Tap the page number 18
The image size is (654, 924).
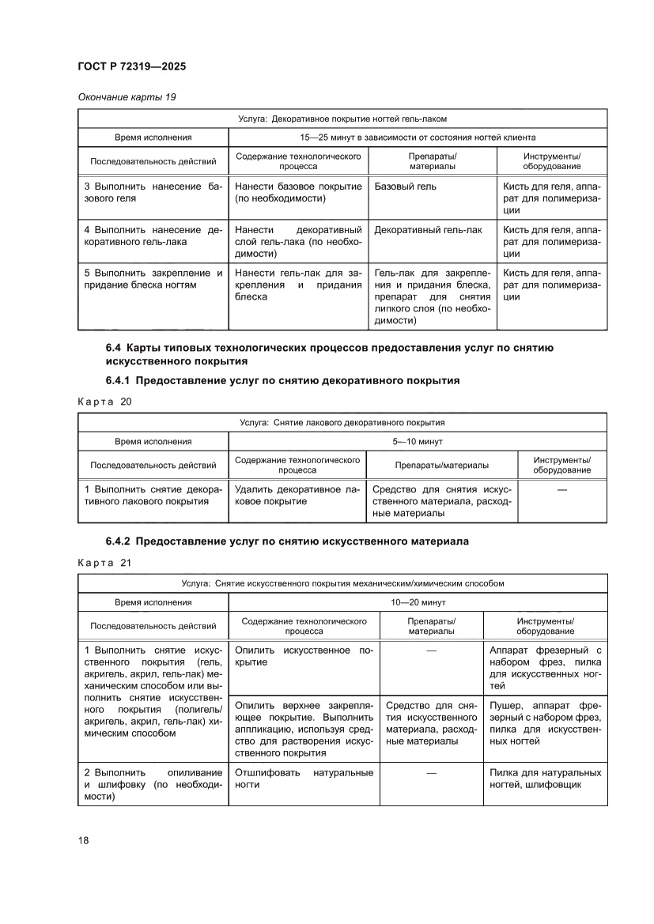point(83,839)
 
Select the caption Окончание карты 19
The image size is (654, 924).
point(127,97)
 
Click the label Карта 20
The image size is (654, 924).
point(104,402)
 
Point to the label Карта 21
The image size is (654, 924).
point(104,563)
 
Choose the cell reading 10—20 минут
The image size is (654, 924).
point(417,602)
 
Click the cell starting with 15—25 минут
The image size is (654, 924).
point(417,137)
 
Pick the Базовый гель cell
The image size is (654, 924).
point(405,187)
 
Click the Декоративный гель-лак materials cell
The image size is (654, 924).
point(428,230)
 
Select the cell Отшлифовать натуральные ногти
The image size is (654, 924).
point(304,779)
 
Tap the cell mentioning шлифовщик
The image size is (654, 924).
point(545,779)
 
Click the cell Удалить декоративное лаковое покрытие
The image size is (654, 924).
point(297,496)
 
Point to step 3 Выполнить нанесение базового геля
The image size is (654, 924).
point(153,192)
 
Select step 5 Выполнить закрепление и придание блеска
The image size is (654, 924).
point(153,279)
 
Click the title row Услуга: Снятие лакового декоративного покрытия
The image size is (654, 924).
point(342,423)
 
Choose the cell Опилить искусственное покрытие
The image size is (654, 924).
point(304,656)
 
